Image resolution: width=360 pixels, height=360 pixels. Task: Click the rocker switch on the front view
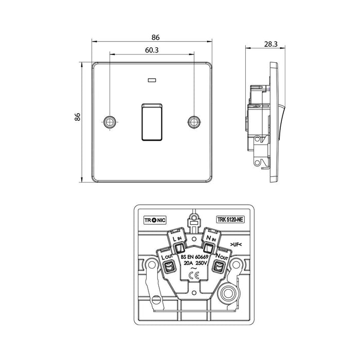click(x=151, y=121)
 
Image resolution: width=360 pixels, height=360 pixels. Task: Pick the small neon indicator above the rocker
click(x=151, y=80)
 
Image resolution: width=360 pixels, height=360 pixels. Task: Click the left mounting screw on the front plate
click(x=110, y=121)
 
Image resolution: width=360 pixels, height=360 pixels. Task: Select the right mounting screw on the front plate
click(x=193, y=121)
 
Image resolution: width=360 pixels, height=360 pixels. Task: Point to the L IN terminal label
click(x=176, y=240)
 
